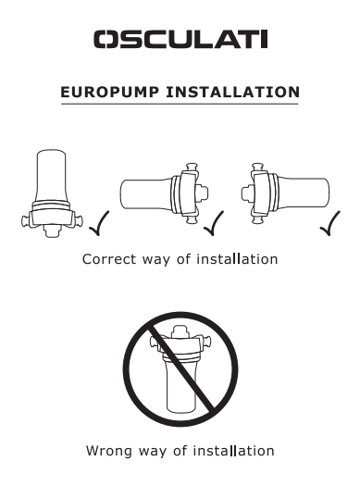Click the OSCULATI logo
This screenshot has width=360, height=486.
180,40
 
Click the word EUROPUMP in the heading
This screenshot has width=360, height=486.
110,93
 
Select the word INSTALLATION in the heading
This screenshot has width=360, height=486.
233,93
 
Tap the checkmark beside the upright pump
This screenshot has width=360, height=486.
99,223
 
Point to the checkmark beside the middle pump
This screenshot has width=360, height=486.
214,223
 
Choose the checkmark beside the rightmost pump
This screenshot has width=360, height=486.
330,223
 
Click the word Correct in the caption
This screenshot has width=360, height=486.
109,259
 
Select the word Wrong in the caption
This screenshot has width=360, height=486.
109,451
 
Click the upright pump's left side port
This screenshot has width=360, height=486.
26,221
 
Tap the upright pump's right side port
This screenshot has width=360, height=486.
79,221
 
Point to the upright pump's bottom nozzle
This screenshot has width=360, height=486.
52,231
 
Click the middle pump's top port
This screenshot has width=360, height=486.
192,168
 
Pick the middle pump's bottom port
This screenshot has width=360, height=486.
192,219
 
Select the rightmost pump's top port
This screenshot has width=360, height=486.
258,168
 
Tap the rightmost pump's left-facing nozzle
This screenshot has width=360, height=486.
247,193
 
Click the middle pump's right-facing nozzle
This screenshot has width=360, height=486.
202,193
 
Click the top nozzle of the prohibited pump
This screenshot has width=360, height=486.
180,331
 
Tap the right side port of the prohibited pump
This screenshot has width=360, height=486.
206,342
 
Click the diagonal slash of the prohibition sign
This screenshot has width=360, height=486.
180,368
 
